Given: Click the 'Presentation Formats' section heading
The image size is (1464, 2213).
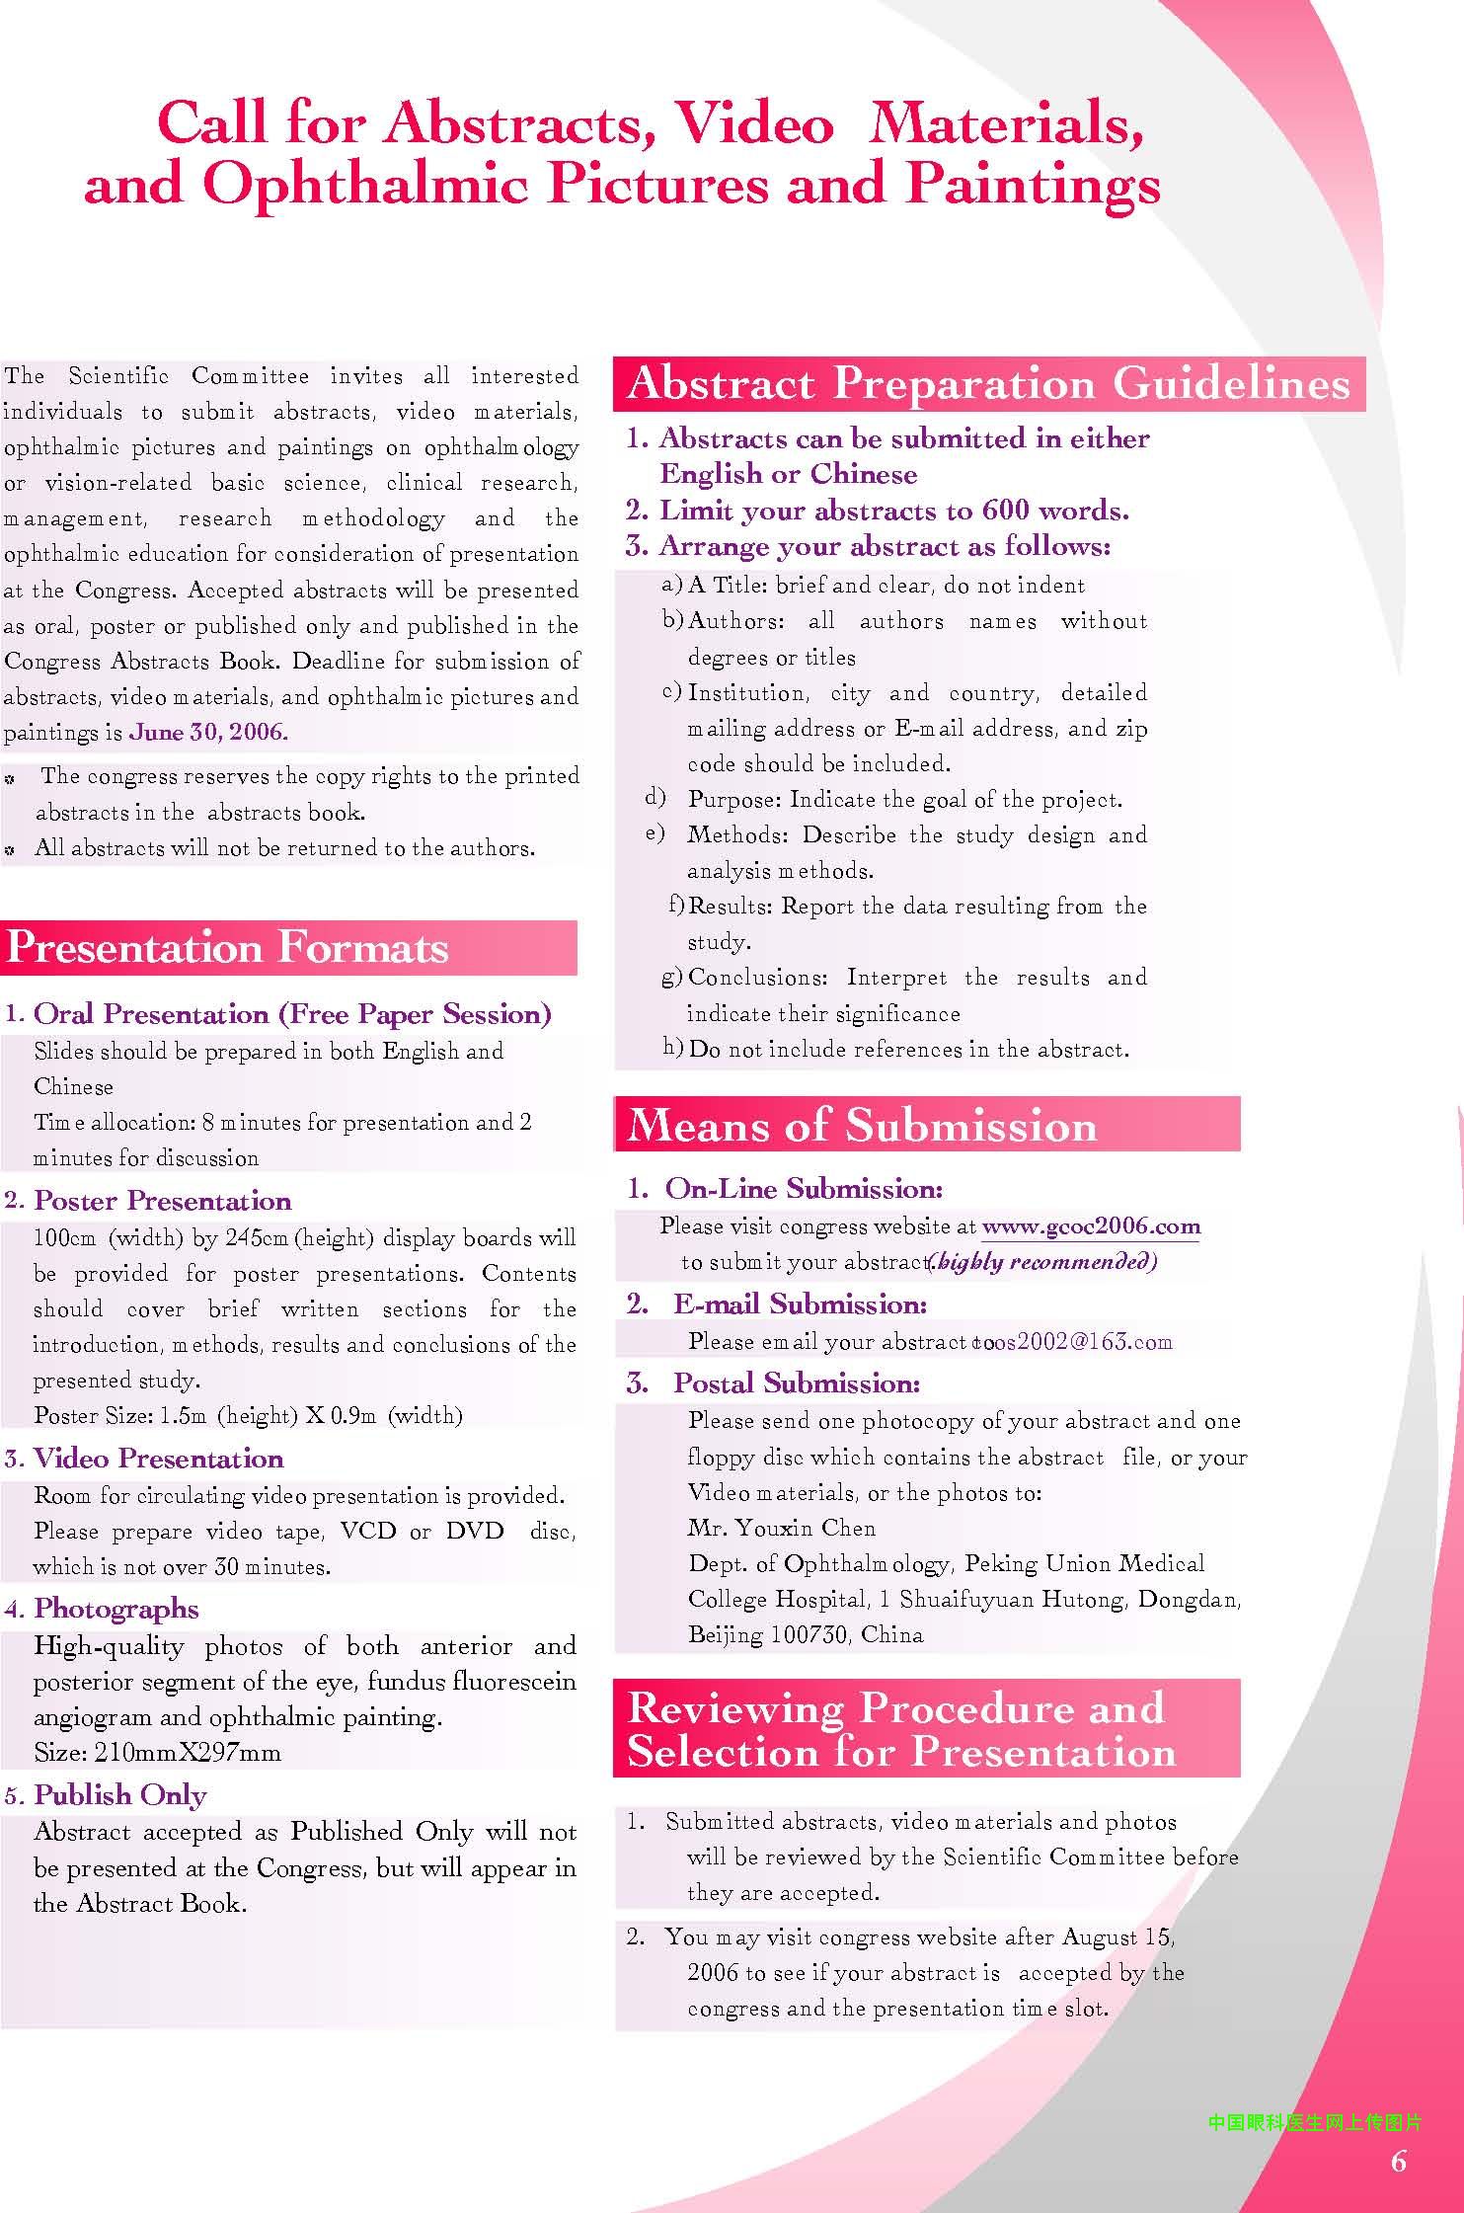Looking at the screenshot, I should [227, 948].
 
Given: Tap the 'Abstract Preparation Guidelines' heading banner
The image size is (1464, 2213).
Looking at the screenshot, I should [988, 384].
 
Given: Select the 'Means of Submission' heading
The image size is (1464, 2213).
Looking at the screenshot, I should [862, 1125].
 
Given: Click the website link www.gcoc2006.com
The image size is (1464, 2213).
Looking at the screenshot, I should [1091, 1227].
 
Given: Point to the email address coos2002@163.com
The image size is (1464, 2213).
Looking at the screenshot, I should [1074, 1342].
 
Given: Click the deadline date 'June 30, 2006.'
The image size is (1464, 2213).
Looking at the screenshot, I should [208, 733].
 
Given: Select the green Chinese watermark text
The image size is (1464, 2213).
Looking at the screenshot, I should [1315, 2122].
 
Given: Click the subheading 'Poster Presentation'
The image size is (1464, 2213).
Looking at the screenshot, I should [163, 1201].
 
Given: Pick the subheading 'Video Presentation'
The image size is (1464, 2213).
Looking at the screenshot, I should [158, 1459].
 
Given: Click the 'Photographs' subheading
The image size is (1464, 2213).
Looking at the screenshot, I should [116, 1609].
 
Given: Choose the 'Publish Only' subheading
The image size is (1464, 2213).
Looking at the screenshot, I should [120, 1795].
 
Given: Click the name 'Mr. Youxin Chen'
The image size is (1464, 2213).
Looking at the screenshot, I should [782, 1528].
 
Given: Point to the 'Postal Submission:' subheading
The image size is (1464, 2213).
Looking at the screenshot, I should [796, 1383].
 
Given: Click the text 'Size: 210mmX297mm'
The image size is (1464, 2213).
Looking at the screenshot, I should [158, 1753].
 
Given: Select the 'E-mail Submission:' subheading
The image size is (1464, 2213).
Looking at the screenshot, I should [800, 1304].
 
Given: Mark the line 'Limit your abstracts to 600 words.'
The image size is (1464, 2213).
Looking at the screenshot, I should [893, 511].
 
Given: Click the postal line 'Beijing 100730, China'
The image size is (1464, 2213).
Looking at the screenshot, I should [806, 1634].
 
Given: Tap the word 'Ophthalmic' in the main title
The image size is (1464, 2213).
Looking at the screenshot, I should [365, 184].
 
